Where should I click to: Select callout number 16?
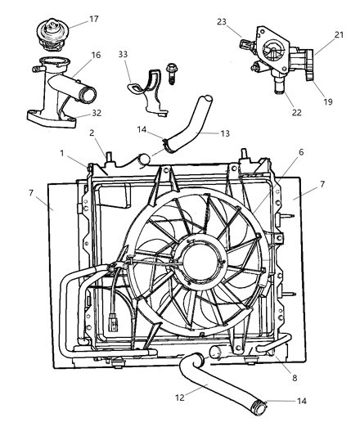[96, 55]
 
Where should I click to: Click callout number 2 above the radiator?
[92, 133]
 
